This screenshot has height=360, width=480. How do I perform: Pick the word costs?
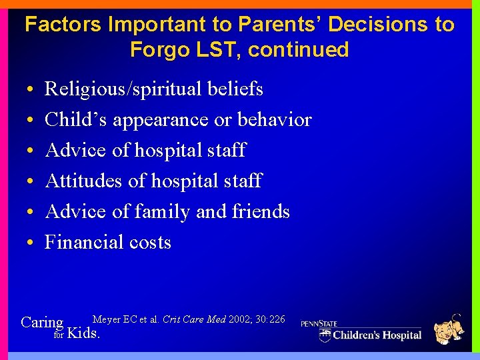[153, 243]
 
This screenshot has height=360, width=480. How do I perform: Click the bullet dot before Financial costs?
[31, 243]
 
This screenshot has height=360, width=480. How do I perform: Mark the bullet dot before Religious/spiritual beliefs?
[31, 89]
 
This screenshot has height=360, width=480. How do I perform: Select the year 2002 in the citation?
[240, 320]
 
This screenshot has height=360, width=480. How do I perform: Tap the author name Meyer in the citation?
[107, 320]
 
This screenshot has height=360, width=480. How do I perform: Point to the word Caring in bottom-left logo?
[42, 323]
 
